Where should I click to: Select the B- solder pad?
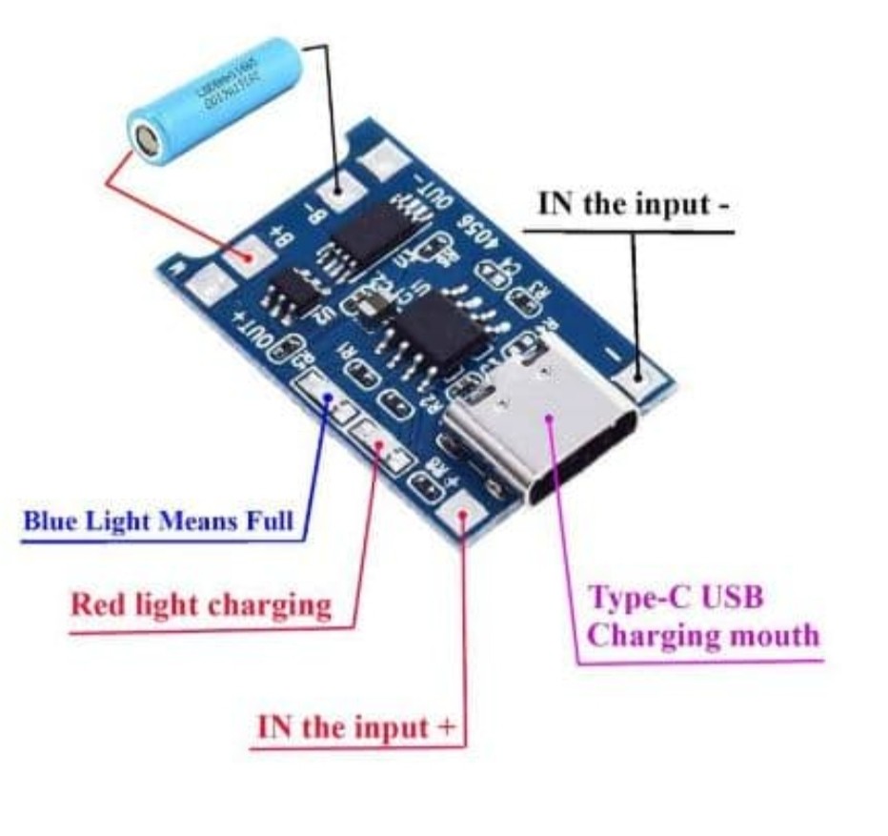336,194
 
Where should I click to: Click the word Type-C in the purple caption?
636,598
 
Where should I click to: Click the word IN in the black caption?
557,204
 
